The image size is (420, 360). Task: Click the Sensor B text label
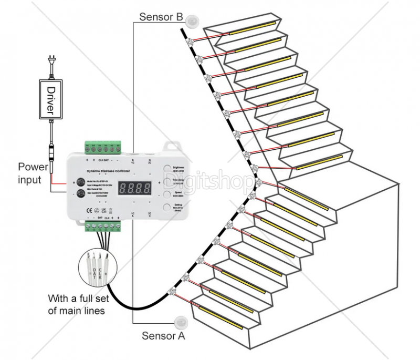pyautogui.click(x=161, y=17)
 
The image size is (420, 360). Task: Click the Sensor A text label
pyautogui.click(x=163, y=335)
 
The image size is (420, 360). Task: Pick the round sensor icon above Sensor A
pyautogui.click(x=181, y=321)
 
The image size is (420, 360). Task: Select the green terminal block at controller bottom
pyautogui.click(x=103, y=227)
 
